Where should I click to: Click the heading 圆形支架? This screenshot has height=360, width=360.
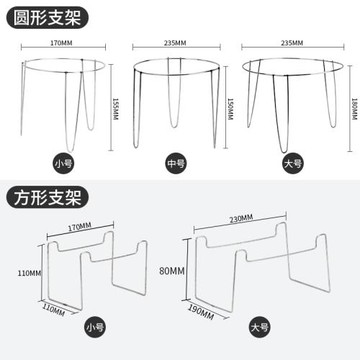[x=47, y=18]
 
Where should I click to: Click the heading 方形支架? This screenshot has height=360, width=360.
[x=47, y=197]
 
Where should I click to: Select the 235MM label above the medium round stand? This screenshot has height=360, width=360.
[x=175, y=43]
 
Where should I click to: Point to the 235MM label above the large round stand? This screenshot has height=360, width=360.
[x=292, y=43]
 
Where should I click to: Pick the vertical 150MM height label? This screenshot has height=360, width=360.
[x=230, y=109]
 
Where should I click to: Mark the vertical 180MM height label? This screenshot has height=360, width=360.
[x=354, y=109]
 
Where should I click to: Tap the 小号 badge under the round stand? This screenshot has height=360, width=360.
[x=64, y=163]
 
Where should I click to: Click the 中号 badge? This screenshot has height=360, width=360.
[x=176, y=163]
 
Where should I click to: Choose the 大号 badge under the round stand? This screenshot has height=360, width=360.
[x=293, y=163]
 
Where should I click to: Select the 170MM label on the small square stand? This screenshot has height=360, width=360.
[x=79, y=227]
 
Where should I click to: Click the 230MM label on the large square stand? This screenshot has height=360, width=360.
[x=241, y=219]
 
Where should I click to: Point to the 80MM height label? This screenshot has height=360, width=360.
[x=172, y=271]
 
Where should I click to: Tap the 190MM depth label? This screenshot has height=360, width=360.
[x=201, y=312]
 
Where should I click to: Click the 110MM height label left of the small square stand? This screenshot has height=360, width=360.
[x=29, y=273]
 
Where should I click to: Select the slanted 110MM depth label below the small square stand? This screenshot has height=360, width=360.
[x=53, y=310]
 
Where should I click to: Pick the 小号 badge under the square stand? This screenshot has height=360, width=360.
[x=95, y=327]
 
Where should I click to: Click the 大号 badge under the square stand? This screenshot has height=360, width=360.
[x=259, y=327]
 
